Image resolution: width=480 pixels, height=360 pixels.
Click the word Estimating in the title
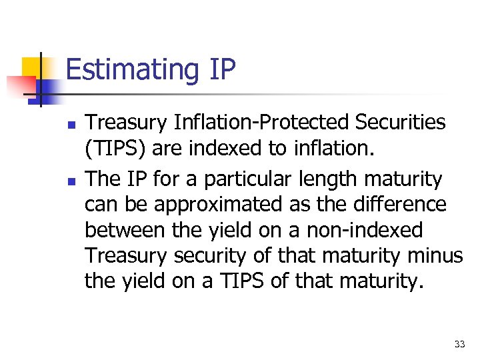tap(127, 70)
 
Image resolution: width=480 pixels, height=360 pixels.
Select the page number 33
tap(459, 344)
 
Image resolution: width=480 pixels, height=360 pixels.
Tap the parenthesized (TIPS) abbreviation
tap(115, 148)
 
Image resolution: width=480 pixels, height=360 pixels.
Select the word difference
tap(407, 205)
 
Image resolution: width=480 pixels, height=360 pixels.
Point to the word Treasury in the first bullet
tap(127, 123)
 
